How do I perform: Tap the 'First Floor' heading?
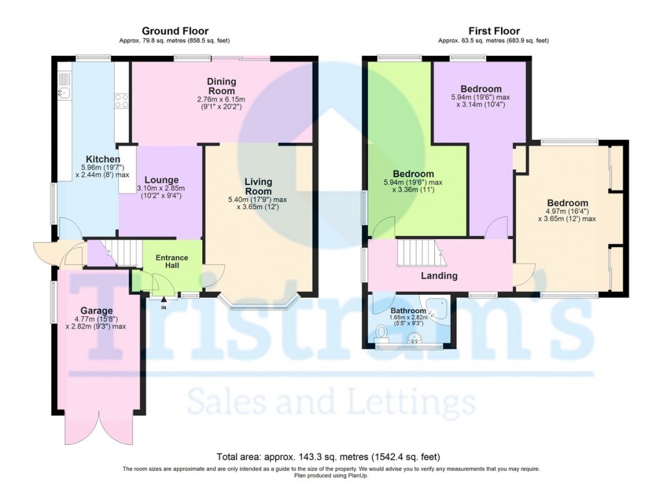click(493, 31)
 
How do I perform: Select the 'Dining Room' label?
click(222, 86)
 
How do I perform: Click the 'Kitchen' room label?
click(103, 159)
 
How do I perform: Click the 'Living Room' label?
click(258, 186)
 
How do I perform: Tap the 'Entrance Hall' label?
click(172, 262)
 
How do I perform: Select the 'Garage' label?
click(96, 311)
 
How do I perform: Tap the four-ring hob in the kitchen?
click(121, 101)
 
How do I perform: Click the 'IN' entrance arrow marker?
click(163, 300)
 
